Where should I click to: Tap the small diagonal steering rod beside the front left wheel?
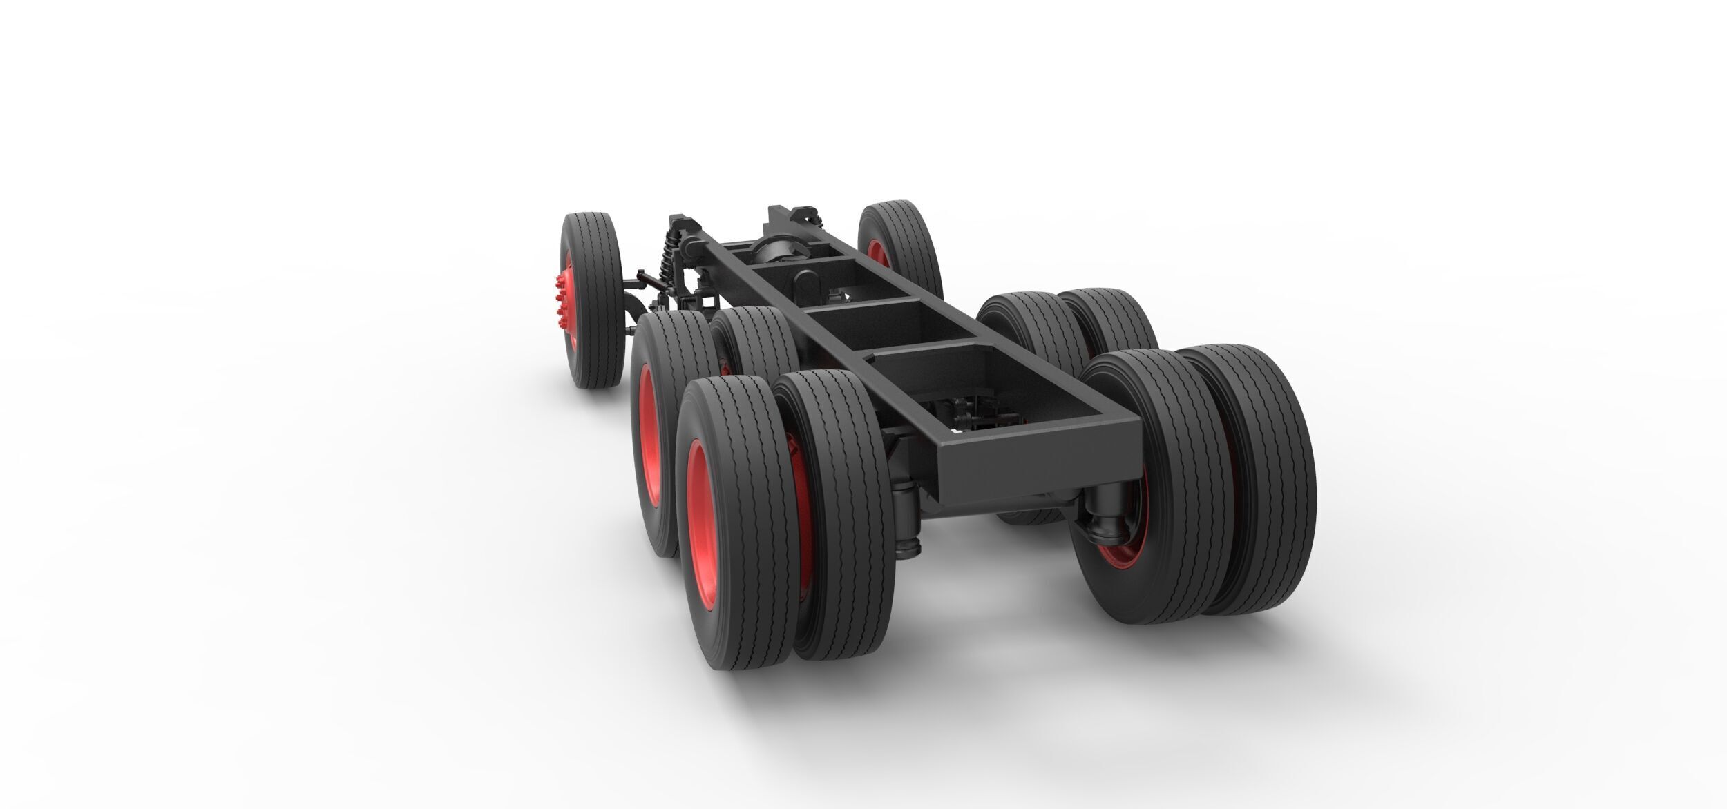tap(642, 280)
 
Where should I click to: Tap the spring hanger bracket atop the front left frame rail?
tap(684, 224)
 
